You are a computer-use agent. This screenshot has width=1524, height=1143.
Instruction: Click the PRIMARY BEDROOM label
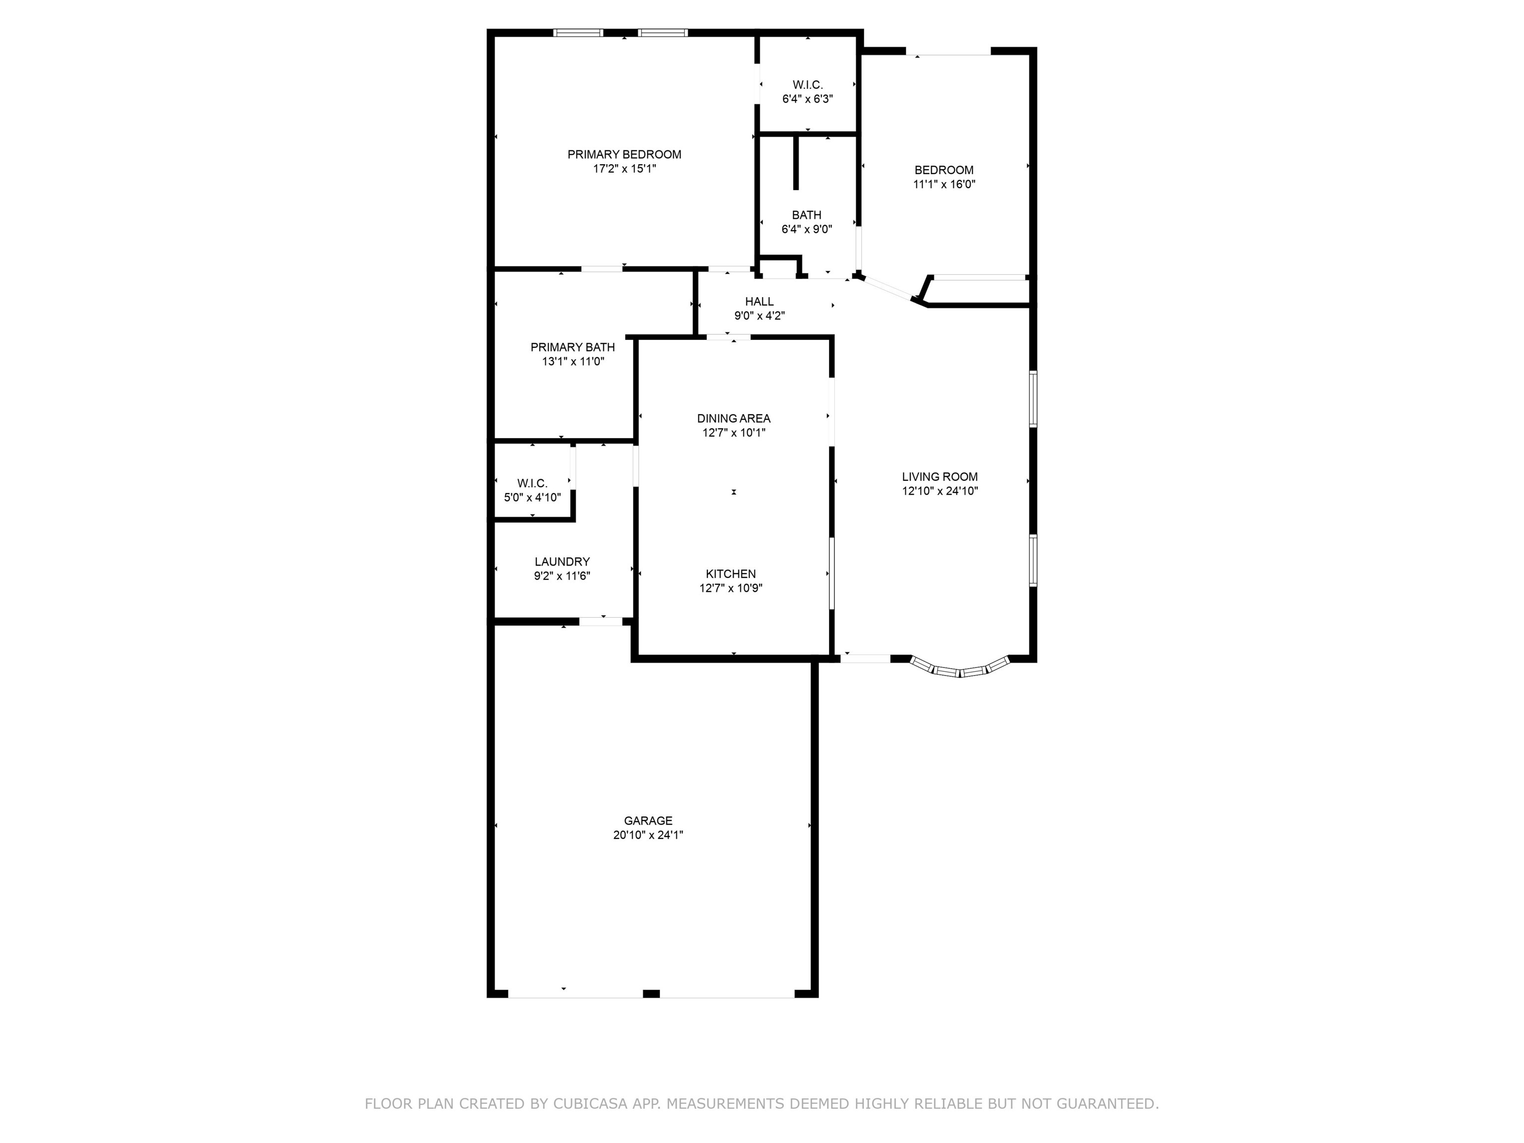624,154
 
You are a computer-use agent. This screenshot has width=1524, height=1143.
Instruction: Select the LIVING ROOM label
940,477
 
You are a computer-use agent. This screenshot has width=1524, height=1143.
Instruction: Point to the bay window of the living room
960,670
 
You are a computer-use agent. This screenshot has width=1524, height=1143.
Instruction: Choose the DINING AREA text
733,418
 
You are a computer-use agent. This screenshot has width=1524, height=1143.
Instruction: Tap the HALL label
759,302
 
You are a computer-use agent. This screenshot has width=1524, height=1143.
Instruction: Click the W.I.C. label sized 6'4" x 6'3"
808,85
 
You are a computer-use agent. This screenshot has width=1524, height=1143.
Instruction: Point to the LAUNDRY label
562,562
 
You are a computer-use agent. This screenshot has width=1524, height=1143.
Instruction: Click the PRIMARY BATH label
572,347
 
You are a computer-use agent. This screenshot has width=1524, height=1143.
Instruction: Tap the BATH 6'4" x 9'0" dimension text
807,229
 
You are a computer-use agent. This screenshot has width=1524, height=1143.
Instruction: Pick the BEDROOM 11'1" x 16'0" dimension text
944,185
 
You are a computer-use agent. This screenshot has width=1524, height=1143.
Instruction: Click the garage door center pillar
651,994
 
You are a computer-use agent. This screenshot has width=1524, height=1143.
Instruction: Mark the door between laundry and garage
601,622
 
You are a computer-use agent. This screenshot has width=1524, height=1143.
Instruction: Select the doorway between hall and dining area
728,337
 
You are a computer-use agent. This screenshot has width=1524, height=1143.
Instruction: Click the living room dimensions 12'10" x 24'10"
940,491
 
